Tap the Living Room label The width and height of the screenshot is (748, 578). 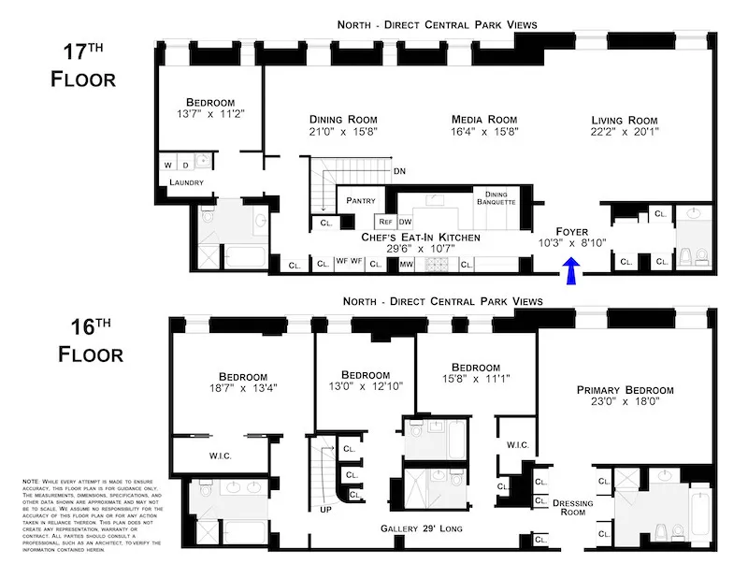click(624, 120)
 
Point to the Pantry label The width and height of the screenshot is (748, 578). click(360, 200)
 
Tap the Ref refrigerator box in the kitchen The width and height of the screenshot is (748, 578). click(385, 222)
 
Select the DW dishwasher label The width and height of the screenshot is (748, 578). click(405, 222)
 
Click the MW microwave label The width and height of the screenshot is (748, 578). click(407, 265)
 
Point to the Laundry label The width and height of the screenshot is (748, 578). click(186, 182)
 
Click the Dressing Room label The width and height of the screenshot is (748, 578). click(574, 506)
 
